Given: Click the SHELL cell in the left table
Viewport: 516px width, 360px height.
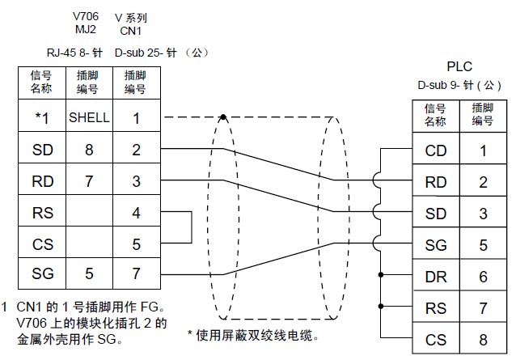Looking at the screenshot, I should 88,118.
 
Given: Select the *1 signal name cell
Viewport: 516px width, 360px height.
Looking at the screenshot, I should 41,118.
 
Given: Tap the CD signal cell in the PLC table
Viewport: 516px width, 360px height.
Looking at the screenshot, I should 435,150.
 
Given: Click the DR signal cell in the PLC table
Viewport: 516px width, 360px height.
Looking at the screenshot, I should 435,277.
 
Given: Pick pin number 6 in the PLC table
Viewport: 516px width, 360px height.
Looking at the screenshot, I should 483,277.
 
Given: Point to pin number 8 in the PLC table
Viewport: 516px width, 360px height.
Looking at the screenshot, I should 483,340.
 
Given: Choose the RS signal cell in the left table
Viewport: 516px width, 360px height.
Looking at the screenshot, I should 41,213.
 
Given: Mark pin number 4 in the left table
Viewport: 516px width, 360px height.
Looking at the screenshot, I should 136,213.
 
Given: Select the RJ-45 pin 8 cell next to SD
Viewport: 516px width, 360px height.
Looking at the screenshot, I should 88,150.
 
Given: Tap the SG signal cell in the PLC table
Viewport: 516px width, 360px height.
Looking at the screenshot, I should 435,245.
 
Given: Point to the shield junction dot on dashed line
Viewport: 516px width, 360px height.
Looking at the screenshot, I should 223,117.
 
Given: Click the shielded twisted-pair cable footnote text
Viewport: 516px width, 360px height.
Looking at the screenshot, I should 252,334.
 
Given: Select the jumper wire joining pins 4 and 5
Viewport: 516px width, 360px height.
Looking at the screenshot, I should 191,228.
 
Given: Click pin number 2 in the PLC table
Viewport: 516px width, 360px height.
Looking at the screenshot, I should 483,182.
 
